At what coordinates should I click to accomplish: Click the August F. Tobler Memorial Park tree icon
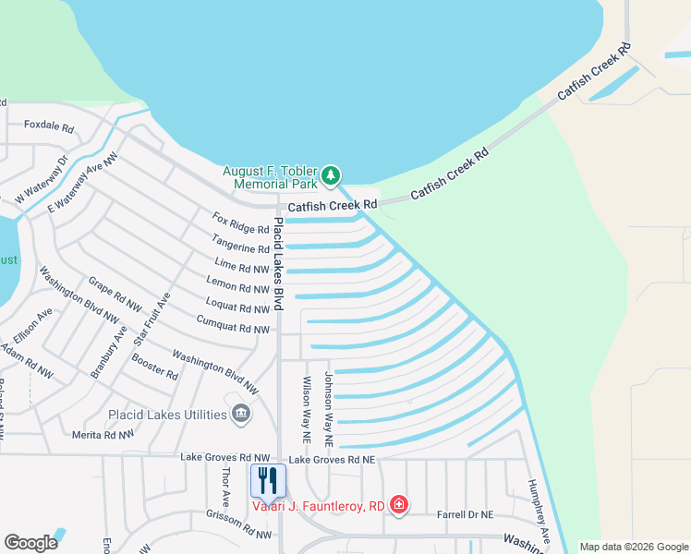point(332,175)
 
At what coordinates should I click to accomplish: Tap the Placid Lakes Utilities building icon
point(240,413)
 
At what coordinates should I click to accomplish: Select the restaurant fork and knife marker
point(268,480)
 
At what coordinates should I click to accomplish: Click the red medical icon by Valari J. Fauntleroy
point(398,504)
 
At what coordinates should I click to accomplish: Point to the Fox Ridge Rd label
point(240,223)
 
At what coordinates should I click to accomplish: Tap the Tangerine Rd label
point(239,247)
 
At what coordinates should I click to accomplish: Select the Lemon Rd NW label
point(237,287)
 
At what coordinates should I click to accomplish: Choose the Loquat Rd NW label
point(236,307)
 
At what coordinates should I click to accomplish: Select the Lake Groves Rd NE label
point(332,459)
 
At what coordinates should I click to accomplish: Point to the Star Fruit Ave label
point(152,319)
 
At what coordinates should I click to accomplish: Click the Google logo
point(30,543)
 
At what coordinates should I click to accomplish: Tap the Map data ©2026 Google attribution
point(633,547)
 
